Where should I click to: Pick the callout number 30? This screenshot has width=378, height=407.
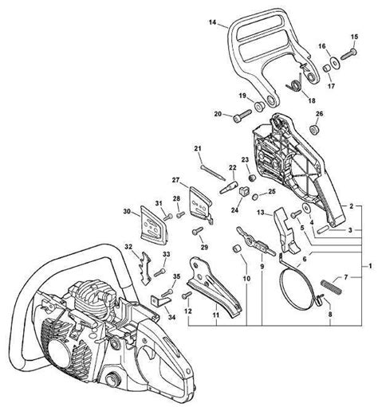coord(126,212)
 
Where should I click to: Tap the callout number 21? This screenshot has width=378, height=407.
coord(198,147)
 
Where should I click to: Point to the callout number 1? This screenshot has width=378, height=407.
coord(368,264)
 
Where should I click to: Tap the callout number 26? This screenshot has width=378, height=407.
coord(319,115)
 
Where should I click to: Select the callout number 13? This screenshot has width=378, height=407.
coord(261,213)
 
